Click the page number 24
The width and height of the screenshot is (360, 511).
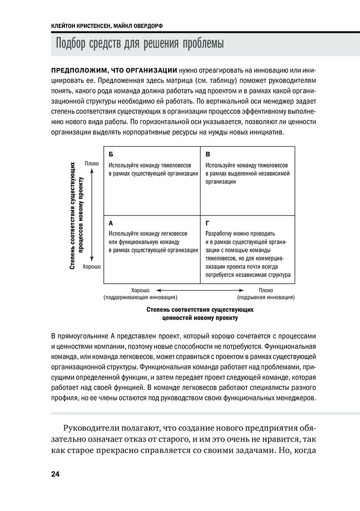coord(55,474)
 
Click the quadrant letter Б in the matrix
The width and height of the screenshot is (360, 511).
coord(111,154)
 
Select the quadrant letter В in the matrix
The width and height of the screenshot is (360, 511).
coord(208,154)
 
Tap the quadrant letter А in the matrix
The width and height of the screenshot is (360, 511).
coord(111,223)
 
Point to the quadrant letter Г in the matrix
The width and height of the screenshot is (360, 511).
coord(207,223)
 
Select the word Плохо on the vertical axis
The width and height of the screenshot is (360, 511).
coord(92,164)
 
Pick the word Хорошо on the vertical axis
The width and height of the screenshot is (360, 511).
coord(91,267)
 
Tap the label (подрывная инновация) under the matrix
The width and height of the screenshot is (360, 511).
coord(266,297)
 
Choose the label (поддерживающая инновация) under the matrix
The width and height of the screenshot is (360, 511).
coord(140,297)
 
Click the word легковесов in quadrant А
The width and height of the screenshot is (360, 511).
coord(173,233)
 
